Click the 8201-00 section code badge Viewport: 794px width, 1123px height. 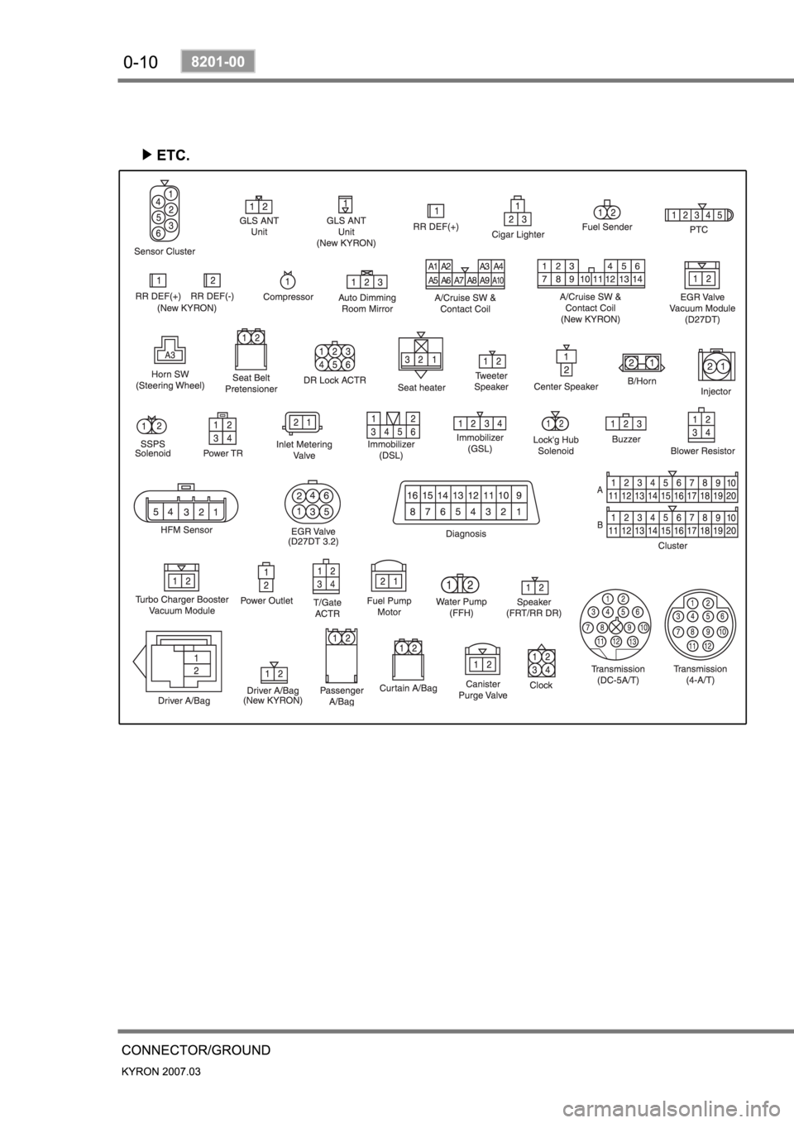coord(218,61)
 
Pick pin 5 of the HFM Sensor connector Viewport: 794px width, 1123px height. coord(154,512)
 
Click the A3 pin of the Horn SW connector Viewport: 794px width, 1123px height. coord(169,354)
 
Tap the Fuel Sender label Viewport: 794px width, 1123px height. coord(607,227)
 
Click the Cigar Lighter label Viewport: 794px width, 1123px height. coord(518,235)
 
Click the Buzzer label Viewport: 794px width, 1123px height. coord(626,439)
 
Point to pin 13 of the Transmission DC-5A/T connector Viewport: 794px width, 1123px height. coord(633,643)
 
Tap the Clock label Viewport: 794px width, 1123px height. coord(541,685)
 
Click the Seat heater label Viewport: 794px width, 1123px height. coord(421,387)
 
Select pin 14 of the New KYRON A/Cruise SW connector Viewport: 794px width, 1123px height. coord(637,280)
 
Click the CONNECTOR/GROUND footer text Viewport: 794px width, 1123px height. coord(196,1050)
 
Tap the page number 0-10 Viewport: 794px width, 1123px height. coord(141,61)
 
